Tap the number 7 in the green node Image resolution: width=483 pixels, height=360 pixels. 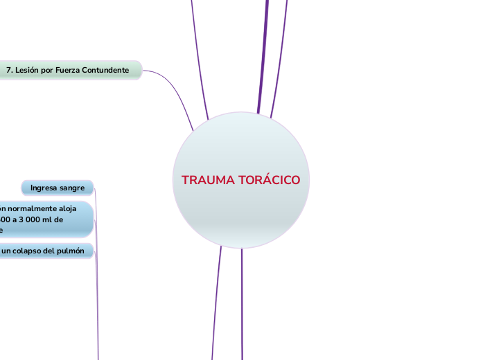tap(8, 71)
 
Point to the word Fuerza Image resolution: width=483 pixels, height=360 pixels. tap(69, 71)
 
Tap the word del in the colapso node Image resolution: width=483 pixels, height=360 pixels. tap(51, 251)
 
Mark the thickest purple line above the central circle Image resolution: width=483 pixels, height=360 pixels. tap(263, 55)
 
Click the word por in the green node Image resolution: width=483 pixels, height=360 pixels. tap(48, 71)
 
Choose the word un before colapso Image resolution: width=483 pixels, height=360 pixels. tap(6, 251)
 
